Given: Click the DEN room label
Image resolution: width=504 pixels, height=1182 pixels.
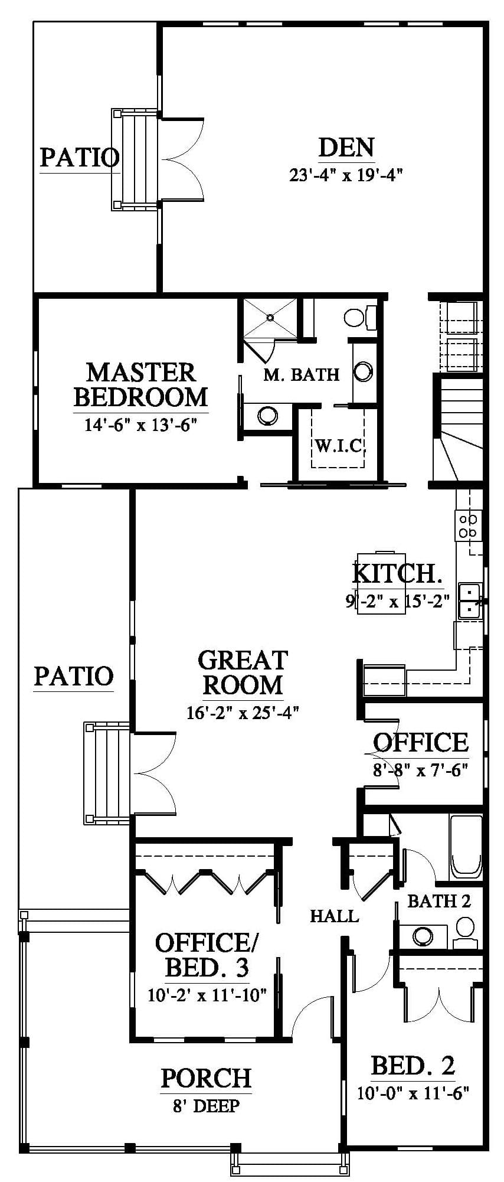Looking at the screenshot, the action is [346, 148].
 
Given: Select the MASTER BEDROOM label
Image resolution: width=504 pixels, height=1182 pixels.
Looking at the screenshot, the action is [141, 384].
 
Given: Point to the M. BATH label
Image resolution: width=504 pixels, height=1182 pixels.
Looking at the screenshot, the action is [301, 374].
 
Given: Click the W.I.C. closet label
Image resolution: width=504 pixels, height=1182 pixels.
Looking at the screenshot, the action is [338, 445].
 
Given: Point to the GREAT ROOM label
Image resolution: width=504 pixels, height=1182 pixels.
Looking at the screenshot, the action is [243, 673].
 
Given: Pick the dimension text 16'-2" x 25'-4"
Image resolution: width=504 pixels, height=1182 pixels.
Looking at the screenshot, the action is [243, 713].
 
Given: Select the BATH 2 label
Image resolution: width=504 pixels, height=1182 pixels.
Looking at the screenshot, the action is [439, 901].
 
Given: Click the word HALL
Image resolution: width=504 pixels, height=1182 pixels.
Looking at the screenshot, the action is [335, 916].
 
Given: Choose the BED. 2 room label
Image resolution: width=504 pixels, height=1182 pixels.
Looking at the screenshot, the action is [413, 1065].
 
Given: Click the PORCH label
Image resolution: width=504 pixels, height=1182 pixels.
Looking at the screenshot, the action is [206, 1078].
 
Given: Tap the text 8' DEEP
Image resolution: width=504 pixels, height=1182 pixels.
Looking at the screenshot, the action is [206, 1106].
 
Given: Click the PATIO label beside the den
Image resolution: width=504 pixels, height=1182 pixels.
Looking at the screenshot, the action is [80, 158].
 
